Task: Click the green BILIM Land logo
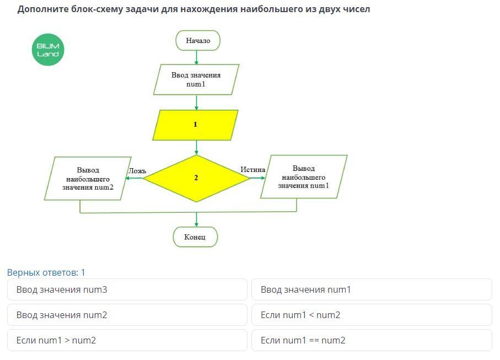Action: click(x=48, y=50)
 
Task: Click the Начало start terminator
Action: click(x=197, y=41)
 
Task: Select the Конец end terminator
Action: click(x=195, y=237)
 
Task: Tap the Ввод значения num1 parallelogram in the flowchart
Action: click(x=196, y=79)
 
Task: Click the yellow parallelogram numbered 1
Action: click(x=195, y=125)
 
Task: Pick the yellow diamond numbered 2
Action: click(x=196, y=178)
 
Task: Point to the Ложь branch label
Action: click(x=137, y=171)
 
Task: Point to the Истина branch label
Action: click(x=253, y=170)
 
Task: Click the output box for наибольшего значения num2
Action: click(x=88, y=179)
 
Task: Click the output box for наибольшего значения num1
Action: click(x=303, y=176)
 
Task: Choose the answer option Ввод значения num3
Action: click(x=127, y=289)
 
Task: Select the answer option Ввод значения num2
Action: click(x=127, y=315)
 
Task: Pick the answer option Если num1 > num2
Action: click(x=127, y=340)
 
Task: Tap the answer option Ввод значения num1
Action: click(x=372, y=289)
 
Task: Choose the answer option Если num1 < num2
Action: click(x=372, y=315)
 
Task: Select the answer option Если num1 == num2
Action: click(x=372, y=340)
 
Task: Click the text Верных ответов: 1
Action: click(x=46, y=272)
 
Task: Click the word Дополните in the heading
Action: click(x=42, y=9)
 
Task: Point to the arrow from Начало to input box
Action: click(x=196, y=57)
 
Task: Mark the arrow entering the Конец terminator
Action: click(x=196, y=221)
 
